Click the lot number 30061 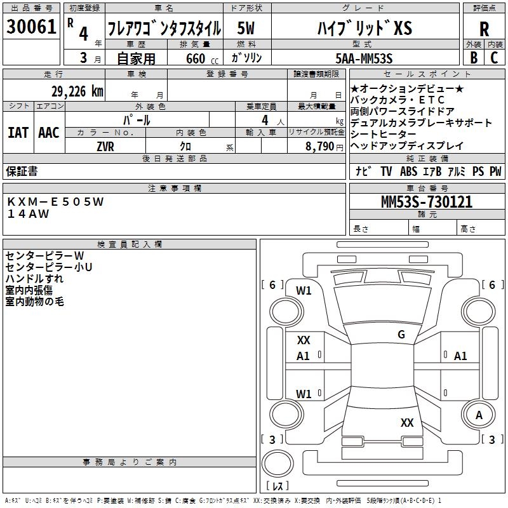[x=32, y=27]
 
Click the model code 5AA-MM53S [x=364, y=58]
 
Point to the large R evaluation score [x=484, y=29]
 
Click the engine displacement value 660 [x=195, y=58]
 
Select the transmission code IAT [x=18, y=133]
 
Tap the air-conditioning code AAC [x=48, y=133]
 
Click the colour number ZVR [x=105, y=146]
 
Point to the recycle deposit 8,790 [x=320, y=146]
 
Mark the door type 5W [x=246, y=29]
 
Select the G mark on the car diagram [x=401, y=335]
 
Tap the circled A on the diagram [x=479, y=415]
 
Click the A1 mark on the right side [x=460, y=356]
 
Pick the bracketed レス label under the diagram [x=277, y=486]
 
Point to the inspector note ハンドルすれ [x=34, y=279]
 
